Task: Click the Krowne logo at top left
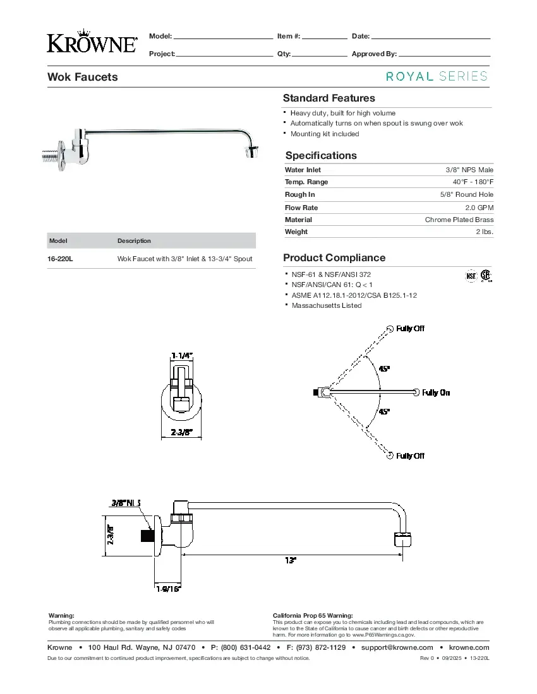tap(92, 41)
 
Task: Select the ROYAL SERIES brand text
tap(437, 76)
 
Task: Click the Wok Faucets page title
tap(83, 77)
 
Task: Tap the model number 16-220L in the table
tap(61, 259)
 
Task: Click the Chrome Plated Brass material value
tap(459, 220)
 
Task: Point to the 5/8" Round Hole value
tap(467, 195)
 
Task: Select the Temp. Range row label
tap(306, 182)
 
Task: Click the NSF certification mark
tap(471, 276)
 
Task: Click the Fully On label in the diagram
tap(436, 392)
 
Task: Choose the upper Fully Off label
tap(410, 329)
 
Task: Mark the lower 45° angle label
tap(384, 412)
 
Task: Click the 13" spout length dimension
tap(290, 560)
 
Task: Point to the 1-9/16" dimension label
tap(168, 589)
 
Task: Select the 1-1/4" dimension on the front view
tap(182, 356)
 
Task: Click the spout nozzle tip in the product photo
tap(251, 151)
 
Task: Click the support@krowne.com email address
tap(397, 647)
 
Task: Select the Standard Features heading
tap(329, 98)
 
